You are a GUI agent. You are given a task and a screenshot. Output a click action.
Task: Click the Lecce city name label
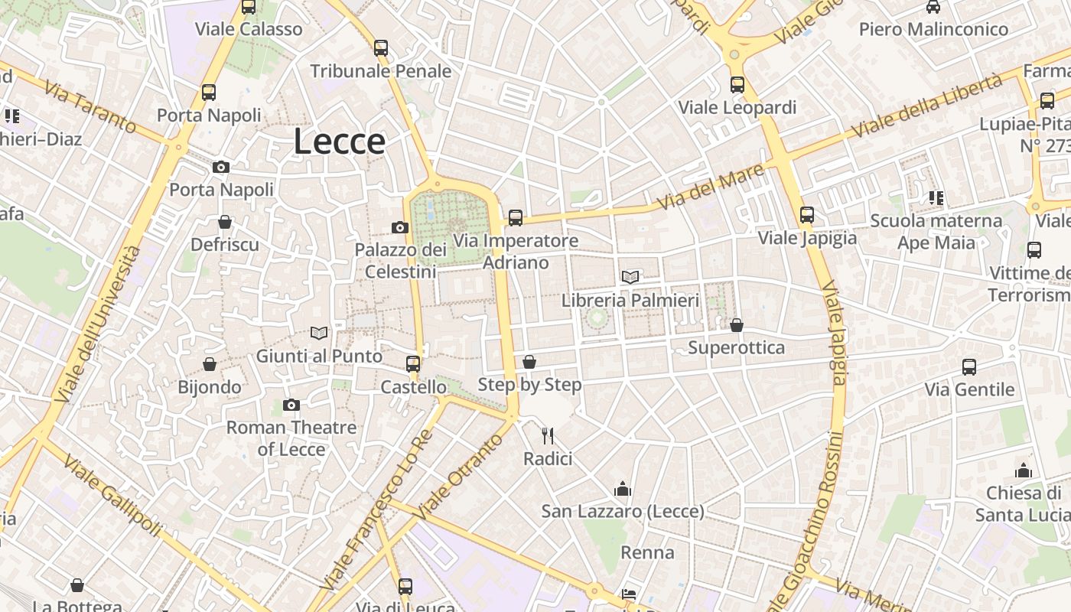(x=339, y=142)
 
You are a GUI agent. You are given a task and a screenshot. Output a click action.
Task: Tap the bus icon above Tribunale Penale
(x=381, y=48)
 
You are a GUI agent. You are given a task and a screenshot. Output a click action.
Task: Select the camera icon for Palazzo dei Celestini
(x=399, y=227)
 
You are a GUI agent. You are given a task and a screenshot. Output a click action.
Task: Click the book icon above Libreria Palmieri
(x=630, y=277)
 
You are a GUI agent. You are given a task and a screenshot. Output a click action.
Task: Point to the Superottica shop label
(x=736, y=348)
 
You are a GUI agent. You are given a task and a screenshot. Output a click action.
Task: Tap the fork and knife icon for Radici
(x=548, y=436)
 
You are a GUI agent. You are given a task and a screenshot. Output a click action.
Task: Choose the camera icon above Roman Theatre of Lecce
(x=291, y=405)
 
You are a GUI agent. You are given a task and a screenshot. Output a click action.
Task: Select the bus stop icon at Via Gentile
(x=969, y=367)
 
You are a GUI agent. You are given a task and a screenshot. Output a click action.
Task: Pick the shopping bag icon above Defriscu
(x=225, y=223)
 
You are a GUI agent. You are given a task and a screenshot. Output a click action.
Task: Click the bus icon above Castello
(x=413, y=364)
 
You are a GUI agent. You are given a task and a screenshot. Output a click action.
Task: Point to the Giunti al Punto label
(x=319, y=356)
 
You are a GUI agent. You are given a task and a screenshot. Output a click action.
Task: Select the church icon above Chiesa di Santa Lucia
(x=1024, y=470)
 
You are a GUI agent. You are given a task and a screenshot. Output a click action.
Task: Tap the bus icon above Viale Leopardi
(x=737, y=85)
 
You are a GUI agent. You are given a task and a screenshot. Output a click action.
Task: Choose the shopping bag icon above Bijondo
(x=210, y=364)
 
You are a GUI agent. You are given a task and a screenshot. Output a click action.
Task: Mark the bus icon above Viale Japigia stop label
(x=807, y=215)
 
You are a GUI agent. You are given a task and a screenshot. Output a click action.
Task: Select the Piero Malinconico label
(x=933, y=29)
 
